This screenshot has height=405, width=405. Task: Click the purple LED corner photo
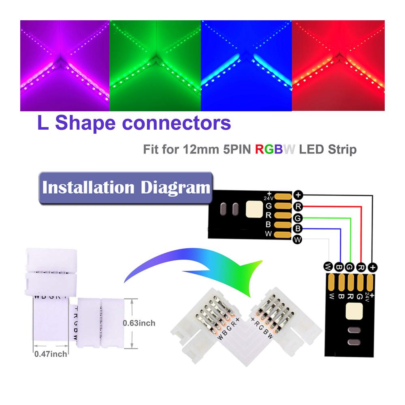tap(65, 66)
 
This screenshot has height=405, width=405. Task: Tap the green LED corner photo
tap(155, 66)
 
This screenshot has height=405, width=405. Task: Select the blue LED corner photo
tap(246, 66)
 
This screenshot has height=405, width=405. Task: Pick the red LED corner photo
tap(338, 66)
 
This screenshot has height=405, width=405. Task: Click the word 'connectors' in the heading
tap(177, 123)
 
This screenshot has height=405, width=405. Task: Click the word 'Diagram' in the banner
tap(175, 188)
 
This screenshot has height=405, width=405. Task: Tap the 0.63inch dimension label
tap(139, 323)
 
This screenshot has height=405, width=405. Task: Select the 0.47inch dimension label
tap(51, 354)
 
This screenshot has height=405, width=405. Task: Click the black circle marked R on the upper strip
tap(298, 207)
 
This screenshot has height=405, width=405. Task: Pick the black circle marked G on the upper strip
tap(298, 218)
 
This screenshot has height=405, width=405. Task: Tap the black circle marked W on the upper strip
tap(298, 240)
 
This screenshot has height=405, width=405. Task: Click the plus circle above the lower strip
tap(373, 267)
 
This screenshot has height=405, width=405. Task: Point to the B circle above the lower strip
tap(339, 267)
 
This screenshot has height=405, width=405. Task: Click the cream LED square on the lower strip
tap(354, 311)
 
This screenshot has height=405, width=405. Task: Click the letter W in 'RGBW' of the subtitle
tap(289, 149)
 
